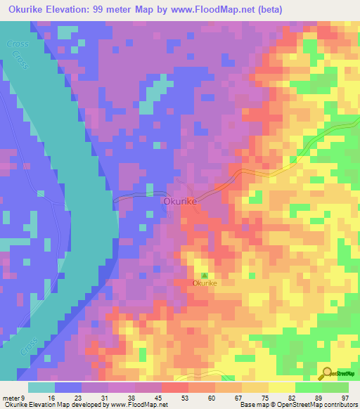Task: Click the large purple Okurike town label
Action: click(179, 201)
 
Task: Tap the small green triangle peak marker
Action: click(205, 275)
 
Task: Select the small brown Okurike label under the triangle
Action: click(205, 283)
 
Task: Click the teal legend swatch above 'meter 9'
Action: click(41, 387)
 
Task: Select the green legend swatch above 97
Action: click(335, 387)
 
